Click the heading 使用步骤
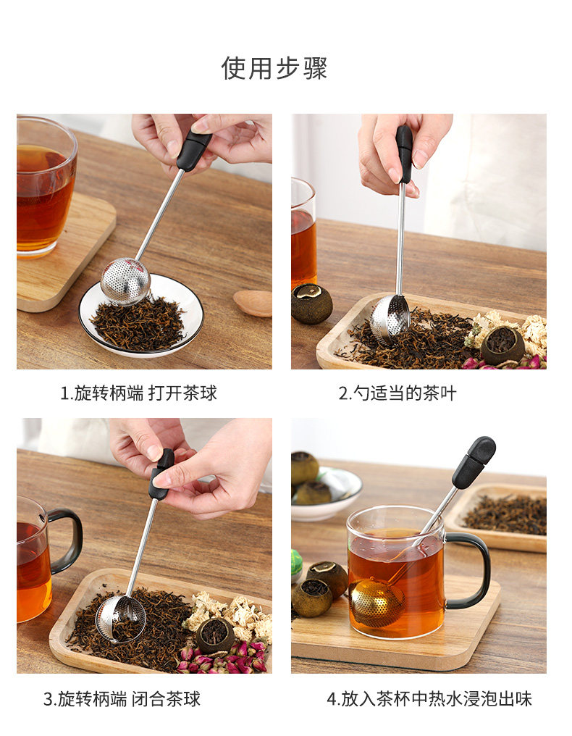(x=274, y=68)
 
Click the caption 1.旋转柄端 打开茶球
(x=139, y=393)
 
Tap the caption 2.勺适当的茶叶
(x=398, y=393)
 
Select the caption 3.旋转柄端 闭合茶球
(x=122, y=699)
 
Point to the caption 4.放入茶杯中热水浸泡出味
(x=429, y=699)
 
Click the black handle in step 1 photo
(x=194, y=150)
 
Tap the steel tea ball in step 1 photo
(x=125, y=280)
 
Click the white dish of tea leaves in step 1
(x=140, y=317)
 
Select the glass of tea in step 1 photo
(x=46, y=187)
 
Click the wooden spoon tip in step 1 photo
(x=253, y=304)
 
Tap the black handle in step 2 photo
(x=403, y=154)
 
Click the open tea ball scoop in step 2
(x=390, y=319)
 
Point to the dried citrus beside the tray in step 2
(x=311, y=304)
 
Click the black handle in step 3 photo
(x=161, y=474)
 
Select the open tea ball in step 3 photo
(x=121, y=618)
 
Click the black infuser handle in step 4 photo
(x=474, y=462)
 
